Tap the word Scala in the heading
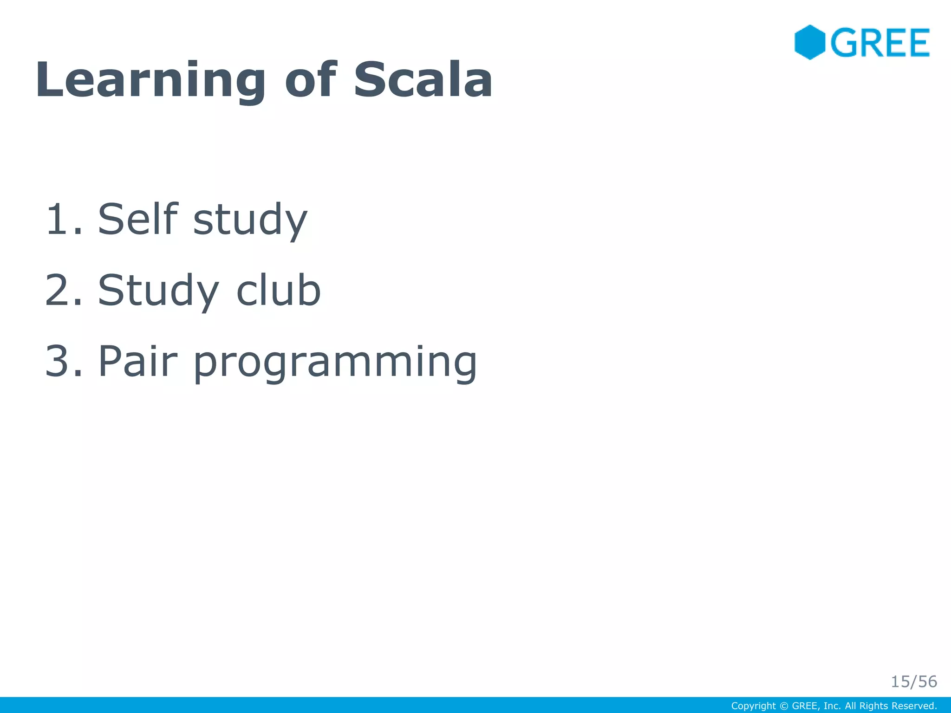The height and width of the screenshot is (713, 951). pos(423,80)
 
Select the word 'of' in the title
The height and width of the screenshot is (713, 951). pos(311,80)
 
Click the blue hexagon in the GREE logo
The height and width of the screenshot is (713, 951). pos(809,42)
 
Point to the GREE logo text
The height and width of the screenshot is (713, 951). pos(880,43)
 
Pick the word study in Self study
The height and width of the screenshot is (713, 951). pos(250,221)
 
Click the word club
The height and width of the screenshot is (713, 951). pos(279,291)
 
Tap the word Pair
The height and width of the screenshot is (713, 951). pos(138,361)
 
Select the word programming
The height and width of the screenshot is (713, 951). pos(335,364)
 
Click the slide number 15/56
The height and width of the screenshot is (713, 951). pos(913,681)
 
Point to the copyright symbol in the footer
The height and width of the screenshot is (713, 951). pos(784,706)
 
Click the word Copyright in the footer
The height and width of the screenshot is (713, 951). pos(753,706)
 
